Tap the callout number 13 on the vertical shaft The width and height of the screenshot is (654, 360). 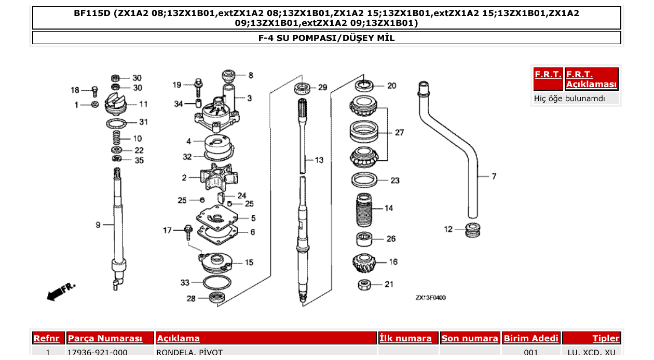(x=319, y=160)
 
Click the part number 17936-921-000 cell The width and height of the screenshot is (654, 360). (x=98, y=353)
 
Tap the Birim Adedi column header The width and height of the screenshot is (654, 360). (x=531, y=338)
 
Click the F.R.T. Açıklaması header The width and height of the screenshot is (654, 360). (x=591, y=79)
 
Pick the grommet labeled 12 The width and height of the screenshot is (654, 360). (x=472, y=229)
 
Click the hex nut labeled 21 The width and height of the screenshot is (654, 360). (x=364, y=284)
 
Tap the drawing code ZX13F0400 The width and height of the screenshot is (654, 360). (x=430, y=298)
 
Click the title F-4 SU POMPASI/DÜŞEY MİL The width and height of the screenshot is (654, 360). (x=326, y=38)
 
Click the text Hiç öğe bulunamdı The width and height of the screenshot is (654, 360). (x=569, y=98)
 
